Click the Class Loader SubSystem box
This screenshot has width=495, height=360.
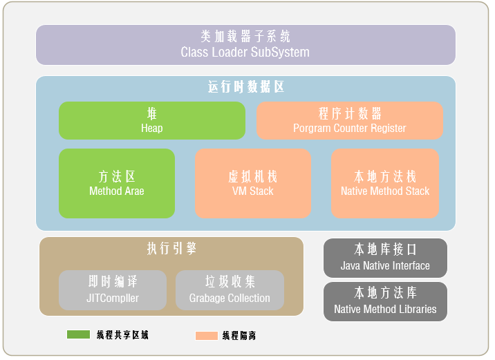click(245, 45)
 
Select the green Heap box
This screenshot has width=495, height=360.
click(152, 121)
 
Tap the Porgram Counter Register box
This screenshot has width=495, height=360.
click(350, 121)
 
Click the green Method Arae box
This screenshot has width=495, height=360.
click(117, 183)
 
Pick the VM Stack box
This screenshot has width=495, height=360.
click(252, 183)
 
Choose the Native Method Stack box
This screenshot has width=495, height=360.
click(385, 183)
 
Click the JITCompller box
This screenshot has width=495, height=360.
click(113, 290)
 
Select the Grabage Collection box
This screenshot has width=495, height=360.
click(230, 290)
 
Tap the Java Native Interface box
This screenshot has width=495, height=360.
click(385, 258)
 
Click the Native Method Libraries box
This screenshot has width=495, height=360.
click(385, 301)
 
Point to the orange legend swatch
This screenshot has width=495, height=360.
click(207, 336)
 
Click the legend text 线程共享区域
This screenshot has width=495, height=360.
click(122, 335)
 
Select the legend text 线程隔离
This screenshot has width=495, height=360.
click(239, 336)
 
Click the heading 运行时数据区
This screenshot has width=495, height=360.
click(245, 88)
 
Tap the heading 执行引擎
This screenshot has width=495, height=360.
click(172, 249)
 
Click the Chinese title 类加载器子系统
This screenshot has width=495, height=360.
click(245, 37)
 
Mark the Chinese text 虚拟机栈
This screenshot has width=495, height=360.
click(252, 177)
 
